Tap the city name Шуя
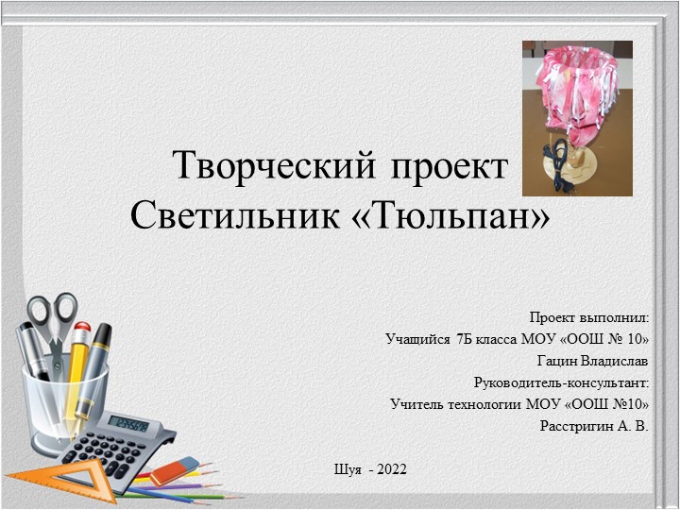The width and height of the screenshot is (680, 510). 348,468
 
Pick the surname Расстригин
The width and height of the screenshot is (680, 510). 576,426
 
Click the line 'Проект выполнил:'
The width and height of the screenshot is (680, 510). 589,317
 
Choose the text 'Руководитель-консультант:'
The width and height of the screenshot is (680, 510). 562,382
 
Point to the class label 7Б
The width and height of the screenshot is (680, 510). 467,339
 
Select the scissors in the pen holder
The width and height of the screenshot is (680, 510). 52,321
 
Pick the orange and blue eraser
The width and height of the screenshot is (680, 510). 174,469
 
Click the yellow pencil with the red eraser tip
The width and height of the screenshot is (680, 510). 76,368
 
